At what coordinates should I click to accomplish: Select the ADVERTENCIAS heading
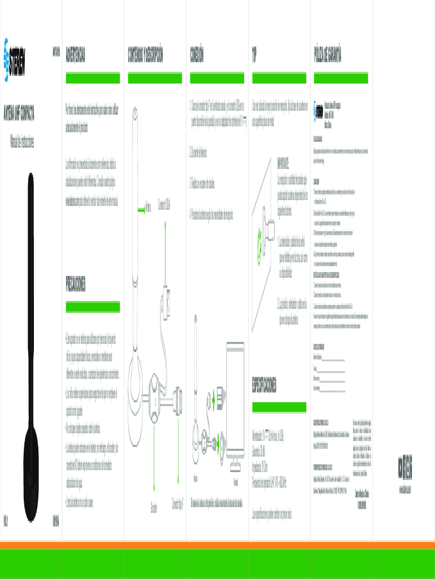[76, 55]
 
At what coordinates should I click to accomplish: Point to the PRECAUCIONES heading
[76, 285]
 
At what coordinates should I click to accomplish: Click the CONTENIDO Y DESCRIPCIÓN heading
[146, 55]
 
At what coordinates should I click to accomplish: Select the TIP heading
[254, 55]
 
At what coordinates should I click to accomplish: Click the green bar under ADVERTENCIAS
[93, 77]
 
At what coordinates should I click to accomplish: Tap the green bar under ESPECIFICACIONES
[279, 407]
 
